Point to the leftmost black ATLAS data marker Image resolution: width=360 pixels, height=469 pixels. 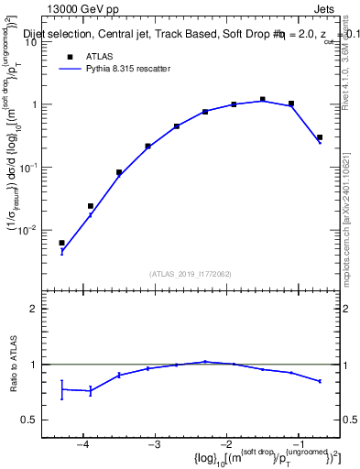tap(61, 243)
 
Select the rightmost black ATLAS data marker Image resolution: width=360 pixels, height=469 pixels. tap(320, 137)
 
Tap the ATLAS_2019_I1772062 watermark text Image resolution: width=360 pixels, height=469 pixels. tap(191, 273)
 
